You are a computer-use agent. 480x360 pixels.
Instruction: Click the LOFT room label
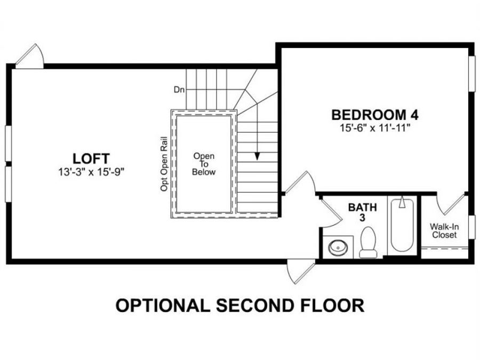pyautogui.click(x=91, y=158)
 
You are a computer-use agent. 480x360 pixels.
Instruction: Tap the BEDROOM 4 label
pyautogui.click(x=375, y=115)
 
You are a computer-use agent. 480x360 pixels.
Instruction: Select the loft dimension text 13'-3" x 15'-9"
pyautogui.click(x=91, y=172)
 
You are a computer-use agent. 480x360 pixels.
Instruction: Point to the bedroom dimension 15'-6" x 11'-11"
pyautogui.click(x=375, y=127)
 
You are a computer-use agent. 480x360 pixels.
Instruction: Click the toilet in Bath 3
pyautogui.click(x=368, y=243)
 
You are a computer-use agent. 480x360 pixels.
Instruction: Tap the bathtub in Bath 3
pyautogui.click(x=402, y=225)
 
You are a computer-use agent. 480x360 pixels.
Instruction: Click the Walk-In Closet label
pyautogui.click(x=444, y=231)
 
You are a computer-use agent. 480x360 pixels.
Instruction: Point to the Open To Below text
pyautogui.click(x=204, y=164)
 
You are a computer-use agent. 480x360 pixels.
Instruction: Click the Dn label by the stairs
pyautogui.click(x=179, y=90)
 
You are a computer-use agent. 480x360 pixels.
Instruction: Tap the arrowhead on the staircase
pyautogui.click(x=257, y=156)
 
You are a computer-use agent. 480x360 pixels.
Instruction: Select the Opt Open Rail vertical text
pyautogui.click(x=164, y=164)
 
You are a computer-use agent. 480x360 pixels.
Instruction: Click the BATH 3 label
pyautogui.click(x=363, y=212)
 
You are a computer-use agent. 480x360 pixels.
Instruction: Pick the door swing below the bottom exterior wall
pyautogui.click(x=301, y=272)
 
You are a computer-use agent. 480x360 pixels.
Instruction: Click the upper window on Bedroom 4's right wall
pyautogui.click(x=472, y=73)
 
